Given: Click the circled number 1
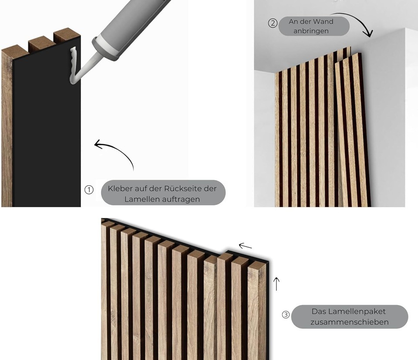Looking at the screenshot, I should point(89,190).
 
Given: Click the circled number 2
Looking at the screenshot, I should point(273,23).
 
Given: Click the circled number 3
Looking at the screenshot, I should point(286,315).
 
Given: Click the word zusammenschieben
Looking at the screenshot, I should point(350,323).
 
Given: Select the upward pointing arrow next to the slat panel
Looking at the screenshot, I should point(276,283).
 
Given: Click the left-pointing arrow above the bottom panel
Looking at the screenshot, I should point(246,246).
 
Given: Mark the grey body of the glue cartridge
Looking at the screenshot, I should point(131,22).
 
